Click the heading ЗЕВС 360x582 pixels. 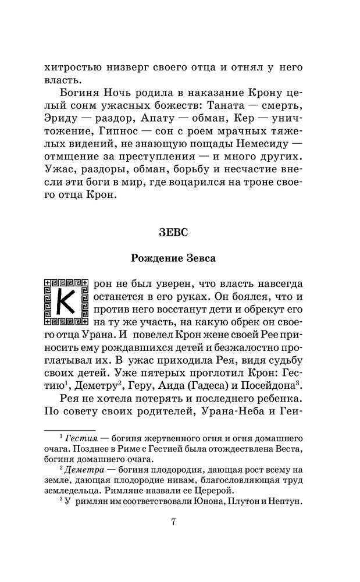click(x=173, y=232)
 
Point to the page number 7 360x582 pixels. click(x=173, y=521)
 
